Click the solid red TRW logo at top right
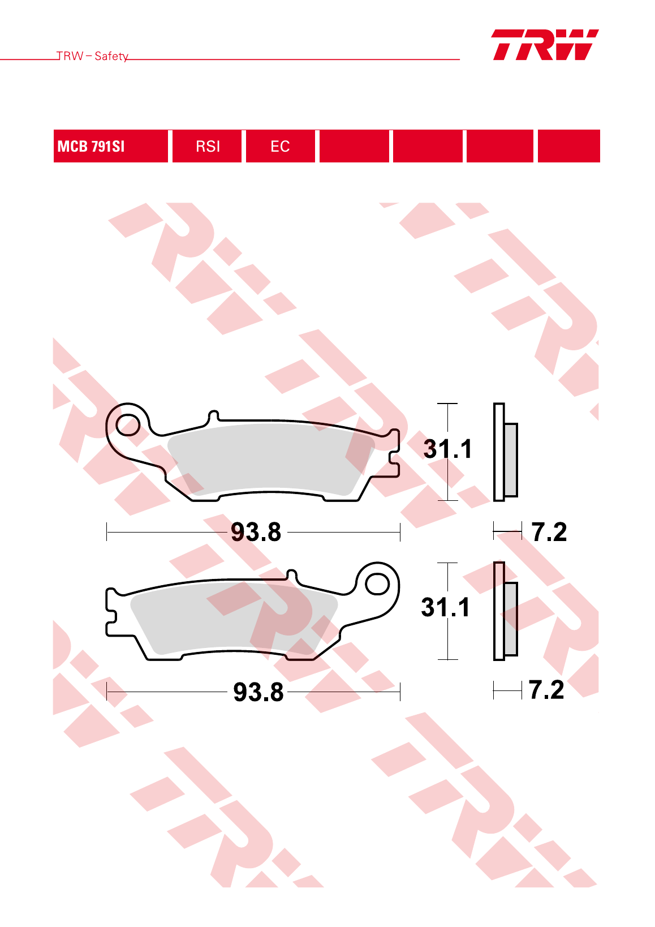[x=545, y=45]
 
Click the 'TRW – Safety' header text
[x=92, y=56]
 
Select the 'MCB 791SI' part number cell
[x=110, y=146]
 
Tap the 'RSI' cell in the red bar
[x=207, y=146]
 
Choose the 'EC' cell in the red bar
[x=281, y=146]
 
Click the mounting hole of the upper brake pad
[x=128, y=426]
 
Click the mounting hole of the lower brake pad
[x=377, y=585]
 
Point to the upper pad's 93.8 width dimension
[x=256, y=532]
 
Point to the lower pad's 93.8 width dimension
[x=258, y=692]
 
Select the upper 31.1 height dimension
[x=447, y=449]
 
